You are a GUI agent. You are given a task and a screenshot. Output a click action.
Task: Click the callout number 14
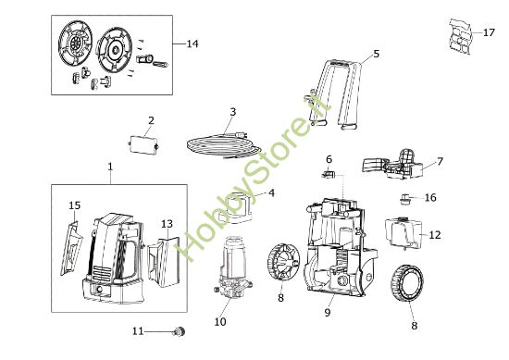[192, 43]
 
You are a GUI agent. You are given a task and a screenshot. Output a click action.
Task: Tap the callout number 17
[489, 32]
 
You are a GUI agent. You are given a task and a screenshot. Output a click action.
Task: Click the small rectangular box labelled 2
[143, 145]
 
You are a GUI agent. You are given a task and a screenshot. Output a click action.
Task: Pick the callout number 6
[328, 159]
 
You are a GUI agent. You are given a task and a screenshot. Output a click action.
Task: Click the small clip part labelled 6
[328, 174]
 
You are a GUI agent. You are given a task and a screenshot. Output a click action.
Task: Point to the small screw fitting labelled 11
[180, 330]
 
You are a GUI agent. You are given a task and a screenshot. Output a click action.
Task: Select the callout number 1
[110, 167]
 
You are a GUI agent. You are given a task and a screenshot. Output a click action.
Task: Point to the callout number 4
[271, 192]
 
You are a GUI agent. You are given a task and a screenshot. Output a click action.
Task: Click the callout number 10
[219, 322]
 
